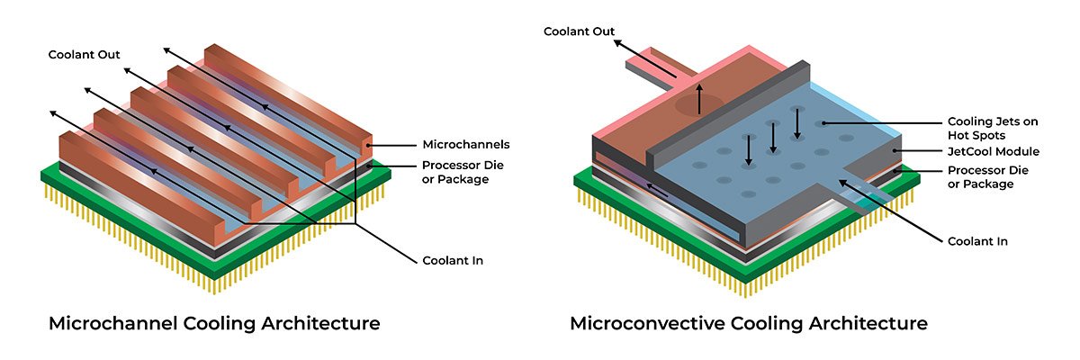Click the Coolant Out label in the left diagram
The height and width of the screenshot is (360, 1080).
click(84, 54)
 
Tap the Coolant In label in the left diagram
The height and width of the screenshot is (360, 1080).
click(453, 261)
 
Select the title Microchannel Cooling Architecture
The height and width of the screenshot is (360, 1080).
click(213, 323)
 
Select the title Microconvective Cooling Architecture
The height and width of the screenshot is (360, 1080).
click(749, 323)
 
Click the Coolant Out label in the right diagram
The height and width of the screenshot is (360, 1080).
click(579, 31)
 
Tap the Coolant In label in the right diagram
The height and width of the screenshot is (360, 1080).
click(977, 241)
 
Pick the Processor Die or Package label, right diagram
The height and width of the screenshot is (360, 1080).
click(987, 177)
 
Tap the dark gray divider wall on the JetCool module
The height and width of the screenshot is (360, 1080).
click(729, 117)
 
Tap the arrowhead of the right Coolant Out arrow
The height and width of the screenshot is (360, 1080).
click(619, 40)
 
